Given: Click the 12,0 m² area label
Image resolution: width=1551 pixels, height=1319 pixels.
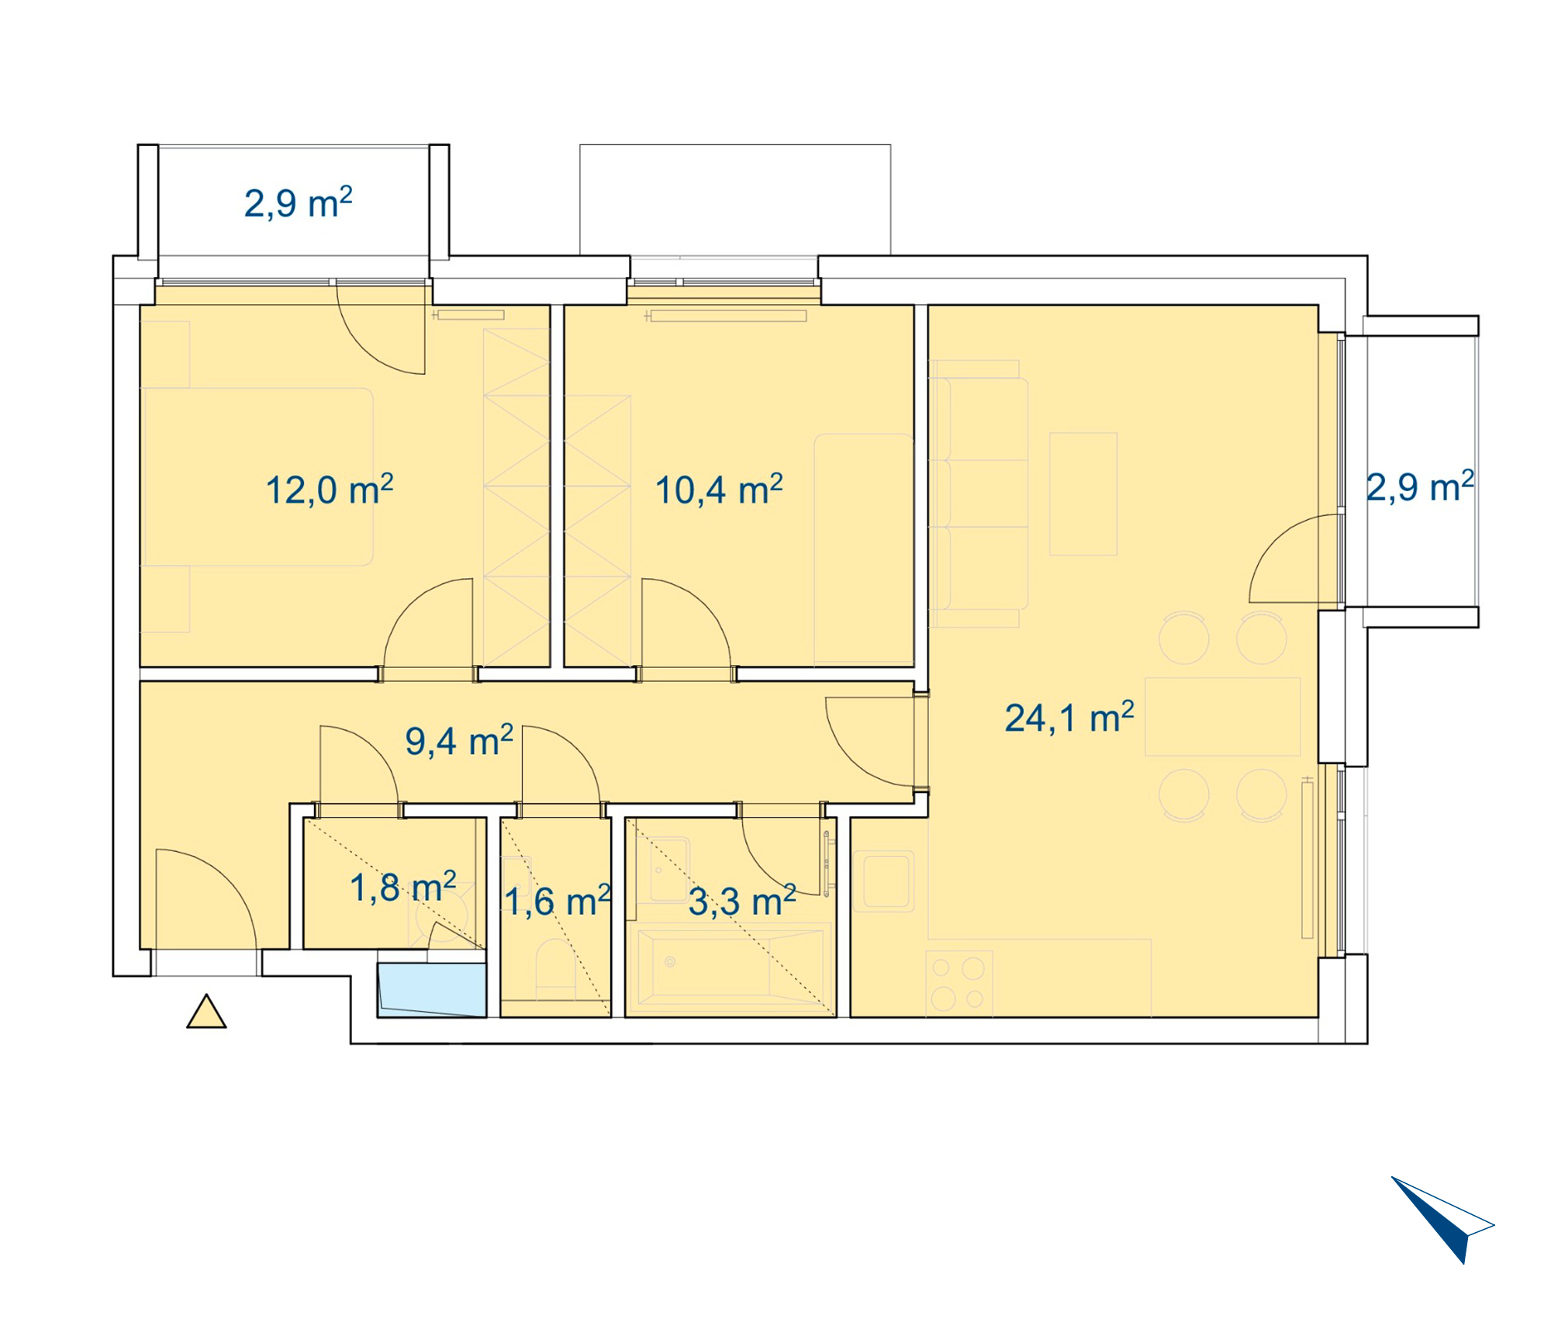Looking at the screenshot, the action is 330,490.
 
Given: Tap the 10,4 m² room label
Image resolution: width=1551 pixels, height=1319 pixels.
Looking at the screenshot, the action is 719,490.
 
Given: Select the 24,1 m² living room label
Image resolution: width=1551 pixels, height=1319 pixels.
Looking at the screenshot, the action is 1069,717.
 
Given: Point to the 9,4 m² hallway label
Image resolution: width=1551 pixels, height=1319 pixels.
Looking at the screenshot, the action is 459,740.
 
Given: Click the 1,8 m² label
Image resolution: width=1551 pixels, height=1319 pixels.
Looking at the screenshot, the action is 402,887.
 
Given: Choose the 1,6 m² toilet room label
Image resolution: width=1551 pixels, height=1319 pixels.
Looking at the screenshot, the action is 558,901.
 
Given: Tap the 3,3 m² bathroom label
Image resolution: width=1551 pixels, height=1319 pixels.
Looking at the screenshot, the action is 742,901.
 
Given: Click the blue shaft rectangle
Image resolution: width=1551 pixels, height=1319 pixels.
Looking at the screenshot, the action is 432,990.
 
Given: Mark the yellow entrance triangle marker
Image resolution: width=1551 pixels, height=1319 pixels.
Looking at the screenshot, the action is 206,1013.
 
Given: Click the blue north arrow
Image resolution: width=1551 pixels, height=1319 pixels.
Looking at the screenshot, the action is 1442,1219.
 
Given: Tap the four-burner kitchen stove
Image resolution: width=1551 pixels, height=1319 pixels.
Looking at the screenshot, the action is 959,982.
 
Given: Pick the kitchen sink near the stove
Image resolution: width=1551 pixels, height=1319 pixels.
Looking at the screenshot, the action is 883,881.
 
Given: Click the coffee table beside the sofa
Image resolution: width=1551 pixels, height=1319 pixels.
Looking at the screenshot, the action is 1083,494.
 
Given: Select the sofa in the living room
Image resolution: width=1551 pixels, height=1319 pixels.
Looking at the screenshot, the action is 979,493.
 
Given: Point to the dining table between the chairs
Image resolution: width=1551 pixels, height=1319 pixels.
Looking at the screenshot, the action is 1222,717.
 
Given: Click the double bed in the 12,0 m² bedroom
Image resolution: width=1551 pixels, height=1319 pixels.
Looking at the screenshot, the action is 257,476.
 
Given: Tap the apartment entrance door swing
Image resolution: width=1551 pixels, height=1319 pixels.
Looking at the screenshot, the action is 206,899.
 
